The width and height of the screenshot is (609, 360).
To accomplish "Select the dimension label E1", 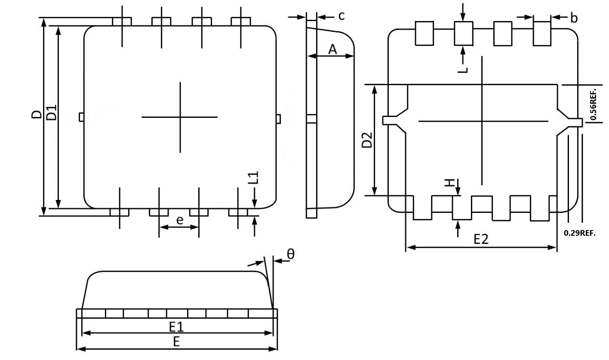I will [x=176, y=327].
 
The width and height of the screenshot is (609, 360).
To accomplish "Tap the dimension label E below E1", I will [x=176, y=342].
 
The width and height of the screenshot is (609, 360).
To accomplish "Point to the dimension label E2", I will [x=481, y=240].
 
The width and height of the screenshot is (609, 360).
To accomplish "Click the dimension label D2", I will [x=366, y=140].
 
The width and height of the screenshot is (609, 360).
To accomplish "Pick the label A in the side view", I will [x=332, y=50].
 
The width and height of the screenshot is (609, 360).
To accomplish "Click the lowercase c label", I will [x=341, y=16].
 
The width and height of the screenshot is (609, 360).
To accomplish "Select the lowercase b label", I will [x=574, y=18].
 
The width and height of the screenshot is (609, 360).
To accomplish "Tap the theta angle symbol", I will [x=291, y=254].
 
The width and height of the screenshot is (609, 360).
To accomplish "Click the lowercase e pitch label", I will [x=180, y=220].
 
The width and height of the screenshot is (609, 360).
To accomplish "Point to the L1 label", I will [x=254, y=178].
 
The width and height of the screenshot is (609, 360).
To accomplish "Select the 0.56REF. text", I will [x=594, y=105].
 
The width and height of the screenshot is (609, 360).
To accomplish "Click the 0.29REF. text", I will [x=579, y=233].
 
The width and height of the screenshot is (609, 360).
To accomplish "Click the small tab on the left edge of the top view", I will [x=81, y=117].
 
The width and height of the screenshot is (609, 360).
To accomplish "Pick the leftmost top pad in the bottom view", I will [x=424, y=34].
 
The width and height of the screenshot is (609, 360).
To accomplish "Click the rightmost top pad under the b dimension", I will [x=542, y=34].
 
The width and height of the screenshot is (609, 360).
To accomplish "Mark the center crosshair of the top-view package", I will [x=180, y=117].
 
